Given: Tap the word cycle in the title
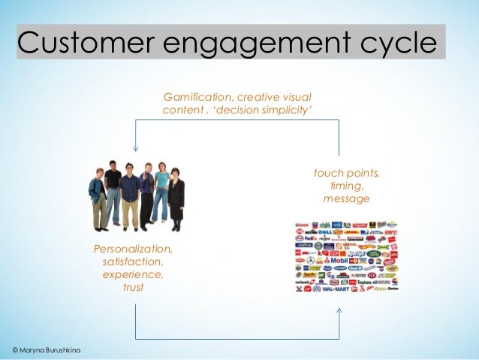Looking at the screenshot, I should (396, 44).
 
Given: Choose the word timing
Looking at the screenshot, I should (346, 186).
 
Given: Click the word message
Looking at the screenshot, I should (346, 199).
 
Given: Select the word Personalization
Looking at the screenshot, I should (133, 249).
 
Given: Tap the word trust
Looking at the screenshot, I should (133, 287).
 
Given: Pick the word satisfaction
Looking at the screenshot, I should (133, 262).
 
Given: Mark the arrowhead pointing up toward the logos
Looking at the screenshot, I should (339, 310).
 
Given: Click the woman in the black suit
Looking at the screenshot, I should (176, 198).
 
